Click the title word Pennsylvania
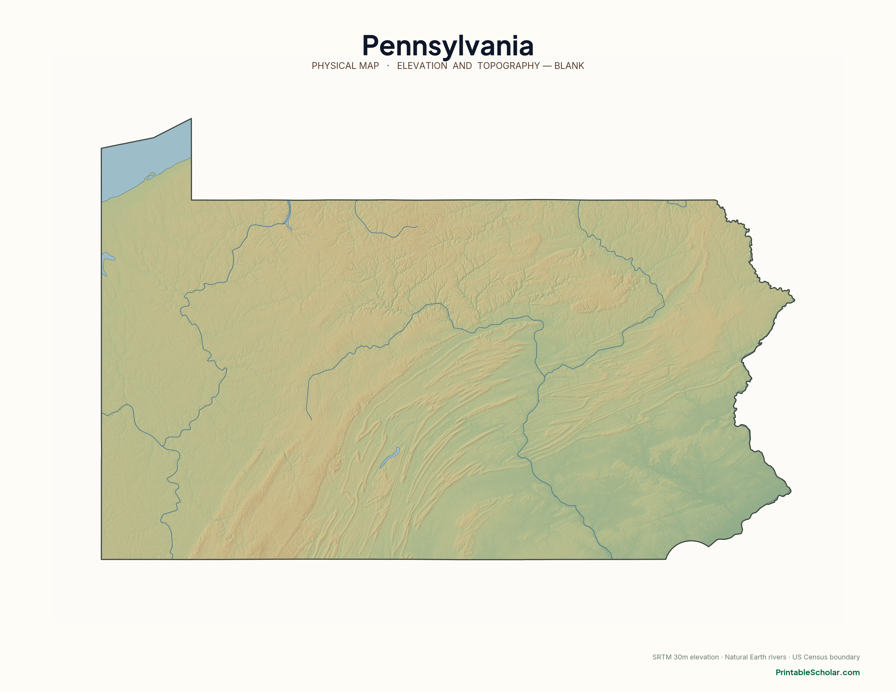(447, 46)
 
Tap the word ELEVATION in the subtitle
(422, 66)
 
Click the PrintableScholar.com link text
(817, 672)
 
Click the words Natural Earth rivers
(755, 657)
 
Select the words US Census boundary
(826, 657)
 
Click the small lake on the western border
(106, 262)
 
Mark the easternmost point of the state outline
(794, 300)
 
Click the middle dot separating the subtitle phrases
(388, 66)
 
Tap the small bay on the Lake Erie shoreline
(150, 176)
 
